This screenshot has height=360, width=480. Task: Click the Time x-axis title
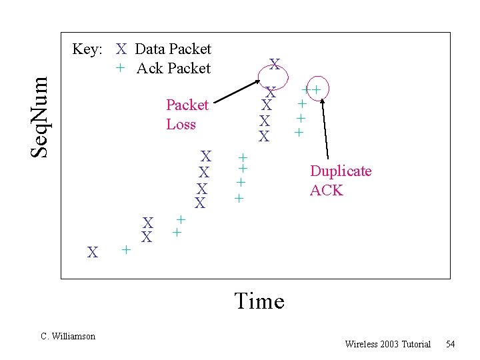coord(259,301)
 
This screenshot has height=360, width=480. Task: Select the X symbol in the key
coord(121,49)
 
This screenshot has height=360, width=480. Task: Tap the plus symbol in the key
coord(120,68)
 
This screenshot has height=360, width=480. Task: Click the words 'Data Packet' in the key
coord(173,49)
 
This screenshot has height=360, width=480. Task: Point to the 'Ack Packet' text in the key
coord(173,68)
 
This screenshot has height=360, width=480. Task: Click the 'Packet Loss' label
coord(187,115)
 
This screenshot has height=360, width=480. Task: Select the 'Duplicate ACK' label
coord(340,181)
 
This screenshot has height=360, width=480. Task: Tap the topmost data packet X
coord(274,65)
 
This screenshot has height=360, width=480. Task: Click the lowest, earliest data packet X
coord(93,252)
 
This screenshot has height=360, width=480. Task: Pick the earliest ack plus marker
coord(125,250)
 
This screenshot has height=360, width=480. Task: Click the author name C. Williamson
coord(68,336)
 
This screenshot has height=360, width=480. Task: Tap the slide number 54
coord(451,344)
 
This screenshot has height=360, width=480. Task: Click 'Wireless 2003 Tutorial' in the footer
coord(387,344)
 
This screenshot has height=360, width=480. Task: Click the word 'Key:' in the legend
coord(87,49)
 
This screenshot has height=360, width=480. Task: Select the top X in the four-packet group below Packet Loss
coord(207,157)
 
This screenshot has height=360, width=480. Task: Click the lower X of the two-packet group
coord(147,237)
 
